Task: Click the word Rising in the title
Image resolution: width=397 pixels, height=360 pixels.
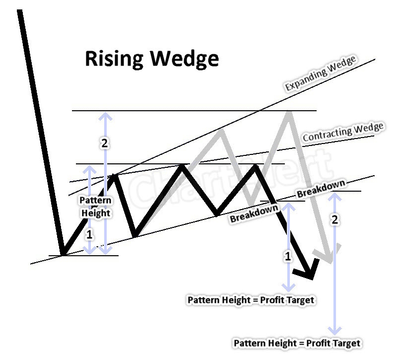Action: click(115, 59)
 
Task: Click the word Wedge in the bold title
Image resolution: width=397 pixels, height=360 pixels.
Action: click(185, 59)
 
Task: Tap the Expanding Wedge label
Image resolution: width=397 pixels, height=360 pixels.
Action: click(321, 74)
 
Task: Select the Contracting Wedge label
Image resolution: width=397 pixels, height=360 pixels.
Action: click(343, 132)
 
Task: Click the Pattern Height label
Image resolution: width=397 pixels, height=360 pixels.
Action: click(96, 207)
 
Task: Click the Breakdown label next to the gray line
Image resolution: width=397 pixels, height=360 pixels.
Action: click(321, 190)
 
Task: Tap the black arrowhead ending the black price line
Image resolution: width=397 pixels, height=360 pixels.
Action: click(306, 273)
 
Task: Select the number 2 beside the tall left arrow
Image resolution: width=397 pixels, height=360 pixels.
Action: click(104, 144)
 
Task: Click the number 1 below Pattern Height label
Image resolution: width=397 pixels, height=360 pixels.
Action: click(89, 235)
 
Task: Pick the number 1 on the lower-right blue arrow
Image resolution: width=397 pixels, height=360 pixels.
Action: click(288, 256)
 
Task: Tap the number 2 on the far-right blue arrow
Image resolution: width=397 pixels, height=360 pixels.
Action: click(335, 220)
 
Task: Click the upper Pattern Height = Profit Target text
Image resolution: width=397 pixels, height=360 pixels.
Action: click(251, 300)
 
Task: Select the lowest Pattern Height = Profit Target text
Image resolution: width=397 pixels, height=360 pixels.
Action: click(297, 343)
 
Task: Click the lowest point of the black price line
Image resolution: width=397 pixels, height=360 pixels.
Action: click(62, 255)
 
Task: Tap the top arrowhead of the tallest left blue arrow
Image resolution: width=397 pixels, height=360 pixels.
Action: click(105, 115)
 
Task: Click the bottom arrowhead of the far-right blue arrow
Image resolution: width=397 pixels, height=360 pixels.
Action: click(335, 331)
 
